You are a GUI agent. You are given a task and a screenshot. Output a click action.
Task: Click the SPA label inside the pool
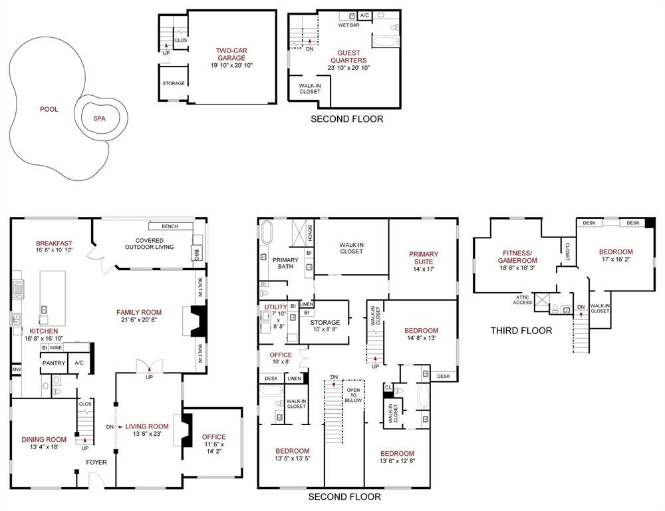click(x=99, y=119)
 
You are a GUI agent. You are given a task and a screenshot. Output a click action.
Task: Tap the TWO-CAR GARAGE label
click(x=231, y=54)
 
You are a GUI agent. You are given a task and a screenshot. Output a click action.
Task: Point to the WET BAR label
click(x=348, y=25)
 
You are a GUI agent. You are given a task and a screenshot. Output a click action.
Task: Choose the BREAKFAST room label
click(x=54, y=244)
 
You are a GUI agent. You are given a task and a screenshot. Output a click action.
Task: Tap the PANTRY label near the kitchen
click(x=53, y=363)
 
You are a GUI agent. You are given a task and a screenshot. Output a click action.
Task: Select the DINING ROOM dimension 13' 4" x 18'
click(x=44, y=447)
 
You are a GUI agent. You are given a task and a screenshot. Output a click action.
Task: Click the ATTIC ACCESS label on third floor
click(x=522, y=300)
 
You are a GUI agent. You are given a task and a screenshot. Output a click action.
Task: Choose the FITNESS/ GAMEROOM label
click(x=516, y=256)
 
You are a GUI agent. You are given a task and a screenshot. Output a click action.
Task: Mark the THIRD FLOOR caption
click(x=521, y=331)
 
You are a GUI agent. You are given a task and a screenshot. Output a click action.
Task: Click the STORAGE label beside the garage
click(x=174, y=83)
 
